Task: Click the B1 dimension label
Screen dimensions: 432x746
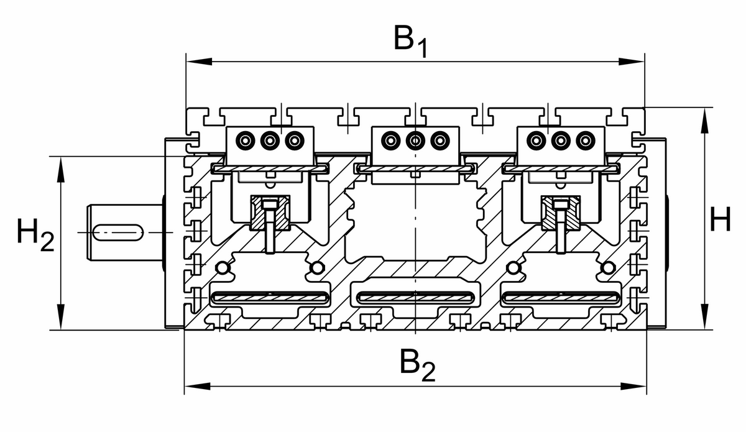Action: tap(410, 41)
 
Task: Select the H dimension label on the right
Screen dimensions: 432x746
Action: tap(721, 221)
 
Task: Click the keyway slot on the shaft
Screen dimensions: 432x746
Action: tap(117, 232)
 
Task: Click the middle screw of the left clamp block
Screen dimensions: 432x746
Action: tap(269, 140)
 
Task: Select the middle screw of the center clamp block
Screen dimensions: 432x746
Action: tap(415, 140)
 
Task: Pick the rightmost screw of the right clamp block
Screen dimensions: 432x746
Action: tap(584, 140)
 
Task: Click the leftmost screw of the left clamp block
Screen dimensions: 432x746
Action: tap(246, 140)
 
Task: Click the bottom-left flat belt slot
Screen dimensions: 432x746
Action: tap(269, 298)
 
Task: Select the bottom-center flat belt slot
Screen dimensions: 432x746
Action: tap(415, 298)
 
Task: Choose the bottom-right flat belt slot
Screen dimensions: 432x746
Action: tap(561, 298)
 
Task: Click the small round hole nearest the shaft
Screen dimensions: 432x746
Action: tap(221, 268)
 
